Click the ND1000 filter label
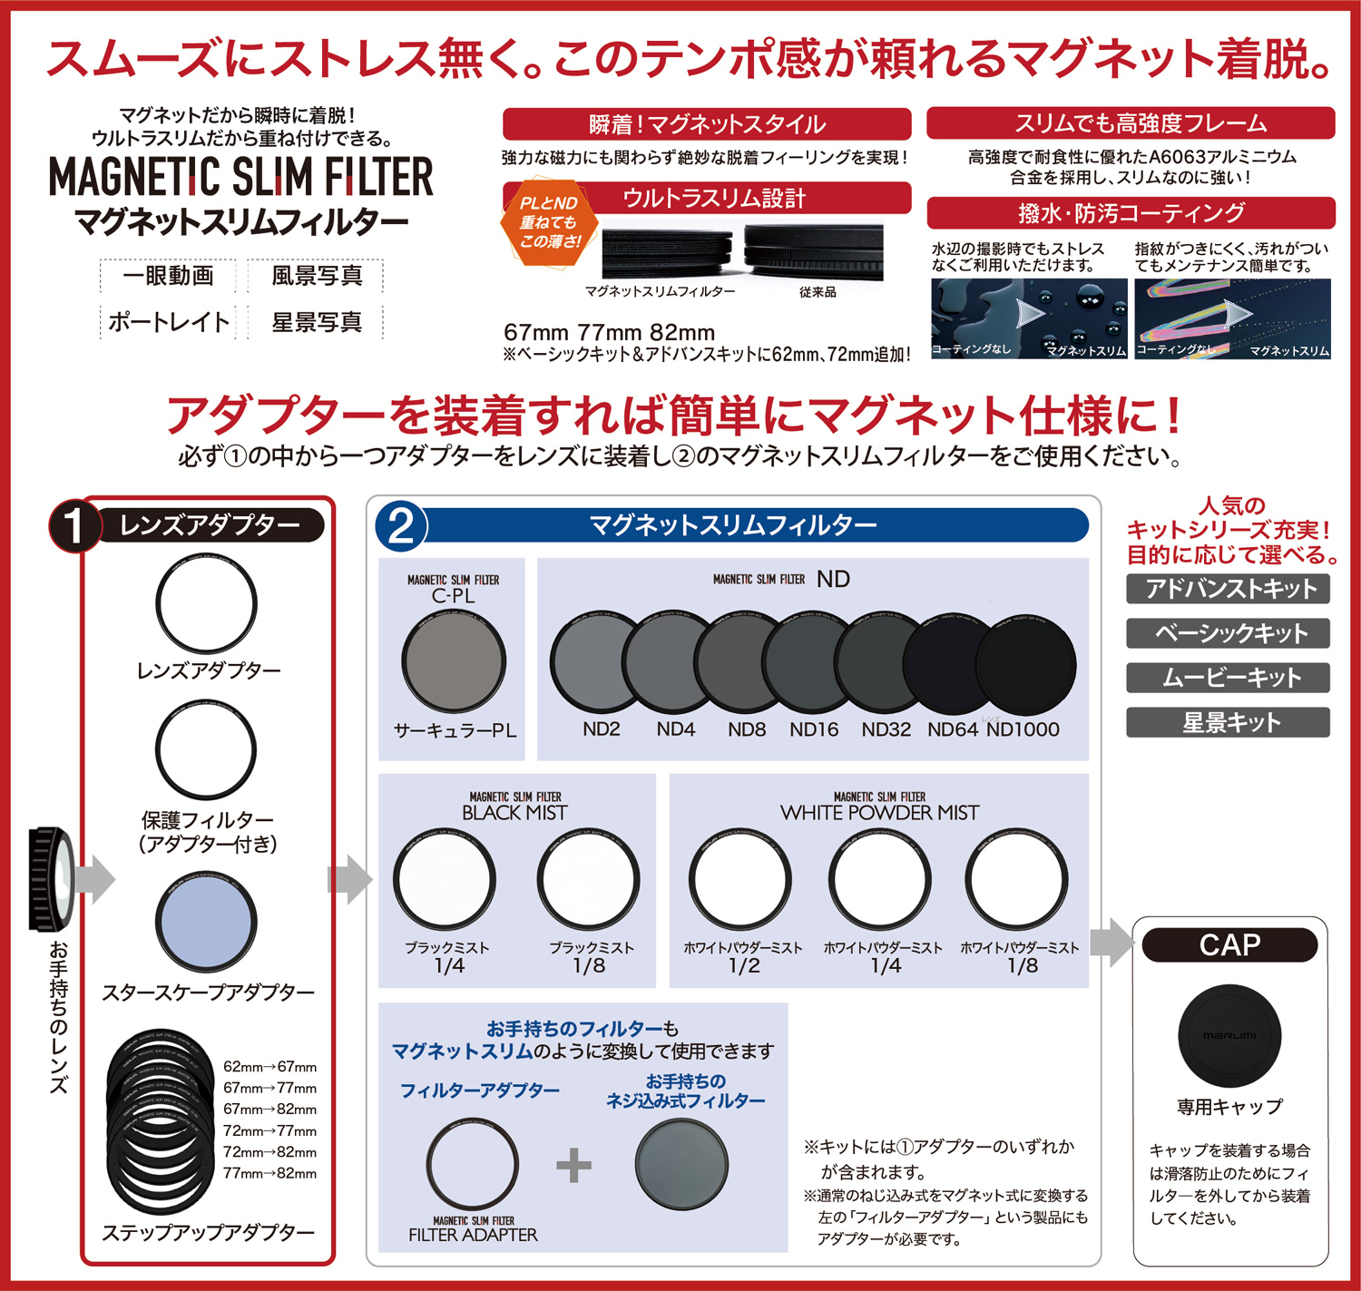1023,729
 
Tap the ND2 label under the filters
601,729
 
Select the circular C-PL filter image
454,660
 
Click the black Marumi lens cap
1229,1035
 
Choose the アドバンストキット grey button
1228,589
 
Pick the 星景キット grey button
1228,722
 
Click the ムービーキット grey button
1228,678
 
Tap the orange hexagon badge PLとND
549,222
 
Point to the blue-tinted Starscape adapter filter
206,923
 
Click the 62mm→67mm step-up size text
269,1067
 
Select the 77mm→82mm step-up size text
269,1173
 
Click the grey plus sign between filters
573,1165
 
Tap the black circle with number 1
74,526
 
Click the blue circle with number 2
401,526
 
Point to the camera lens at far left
51,878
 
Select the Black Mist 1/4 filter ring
445,879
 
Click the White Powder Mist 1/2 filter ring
740,879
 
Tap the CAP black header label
1229,945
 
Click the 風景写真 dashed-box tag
316,276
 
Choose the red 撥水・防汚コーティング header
1131,213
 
